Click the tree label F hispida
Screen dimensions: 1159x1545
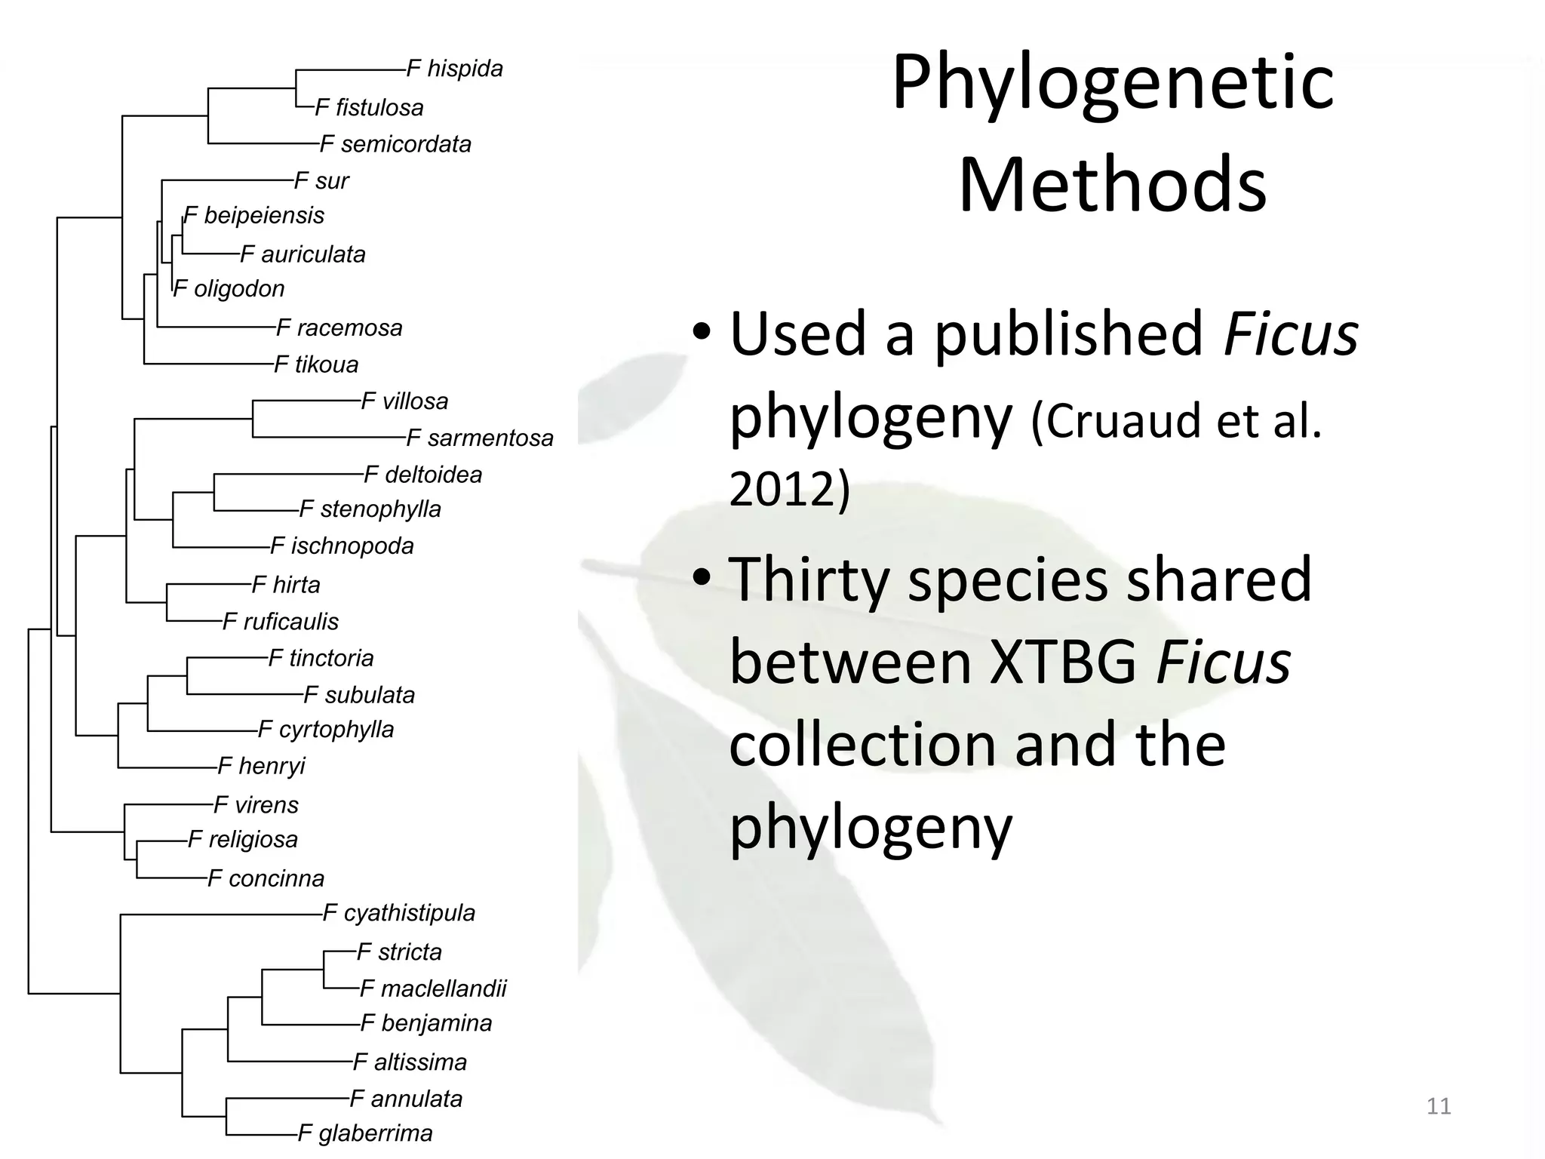[454, 69]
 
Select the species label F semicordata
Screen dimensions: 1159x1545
[395, 144]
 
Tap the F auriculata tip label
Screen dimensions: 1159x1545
[303, 254]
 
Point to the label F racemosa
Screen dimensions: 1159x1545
[339, 328]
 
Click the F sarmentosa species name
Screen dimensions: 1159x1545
[480, 438]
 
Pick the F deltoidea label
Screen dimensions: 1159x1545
[422, 475]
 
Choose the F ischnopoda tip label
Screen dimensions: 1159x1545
[342, 546]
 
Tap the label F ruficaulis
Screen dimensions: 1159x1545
[281, 622]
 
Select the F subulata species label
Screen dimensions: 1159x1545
[359, 695]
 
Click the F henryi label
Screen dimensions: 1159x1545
[261, 767]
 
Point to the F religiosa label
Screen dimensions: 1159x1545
[243, 840]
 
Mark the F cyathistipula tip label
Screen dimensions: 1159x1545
[399, 914]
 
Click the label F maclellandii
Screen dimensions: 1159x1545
[433, 988]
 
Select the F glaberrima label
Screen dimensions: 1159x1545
[365, 1133]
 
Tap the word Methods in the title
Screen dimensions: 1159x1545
[1113, 185]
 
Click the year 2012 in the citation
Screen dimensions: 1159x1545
[789, 488]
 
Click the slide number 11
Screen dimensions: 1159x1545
[1439, 1106]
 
